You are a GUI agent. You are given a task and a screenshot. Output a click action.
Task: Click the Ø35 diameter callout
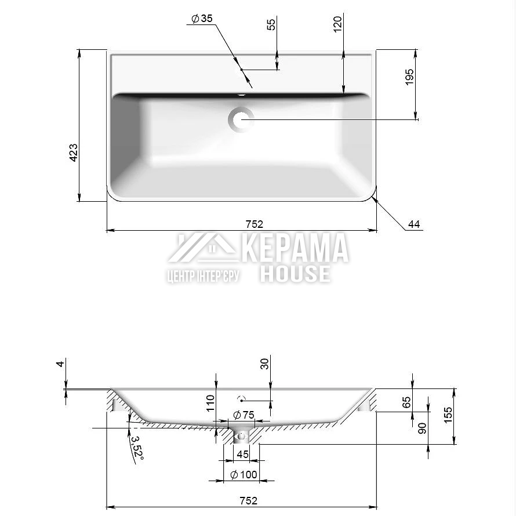[202, 19]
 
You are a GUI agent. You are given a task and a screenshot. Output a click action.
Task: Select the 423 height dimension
[74, 152]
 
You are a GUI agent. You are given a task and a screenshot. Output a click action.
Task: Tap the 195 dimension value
[409, 77]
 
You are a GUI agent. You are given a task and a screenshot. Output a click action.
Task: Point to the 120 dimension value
[337, 24]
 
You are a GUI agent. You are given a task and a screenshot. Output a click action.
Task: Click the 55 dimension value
[271, 25]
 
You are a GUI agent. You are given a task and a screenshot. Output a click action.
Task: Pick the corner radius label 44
[414, 224]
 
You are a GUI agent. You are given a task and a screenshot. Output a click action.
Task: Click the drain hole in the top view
[241, 119]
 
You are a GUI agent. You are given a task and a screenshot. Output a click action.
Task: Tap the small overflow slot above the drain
[242, 96]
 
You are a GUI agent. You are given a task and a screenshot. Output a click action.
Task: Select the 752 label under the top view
[255, 224]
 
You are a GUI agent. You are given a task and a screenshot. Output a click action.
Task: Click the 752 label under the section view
[249, 500]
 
